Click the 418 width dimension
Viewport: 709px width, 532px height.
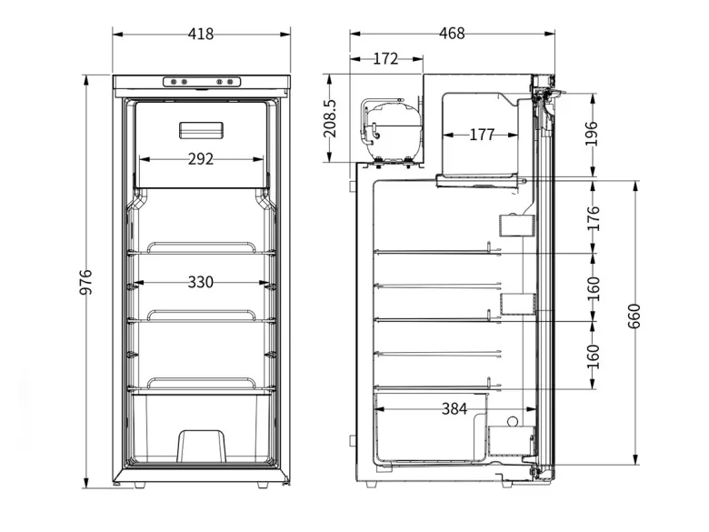pyautogui.click(x=201, y=34)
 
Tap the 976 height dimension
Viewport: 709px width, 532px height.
pyautogui.click(x=85, y=282)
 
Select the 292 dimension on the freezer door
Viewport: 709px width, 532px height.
pyautogui.click(x=201, y=159)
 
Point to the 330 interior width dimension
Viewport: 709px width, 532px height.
pyautogui.click(x=201, y=282)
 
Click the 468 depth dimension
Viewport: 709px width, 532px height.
pyautogui.click(x=452, y=33)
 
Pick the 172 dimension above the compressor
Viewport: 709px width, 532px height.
pyautogui.click(x=385, y=59)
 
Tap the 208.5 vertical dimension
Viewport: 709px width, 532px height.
pyautogui.click(x=330, y=118)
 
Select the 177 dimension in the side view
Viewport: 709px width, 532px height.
pyautogui.click(x=482, y=135)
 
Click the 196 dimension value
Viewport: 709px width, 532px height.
pyautogui.click(x=592, y=134)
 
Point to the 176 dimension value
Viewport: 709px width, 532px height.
pyautogui.click(x=593, y=218)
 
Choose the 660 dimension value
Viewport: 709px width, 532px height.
pyautogui.click(x=634, y=316)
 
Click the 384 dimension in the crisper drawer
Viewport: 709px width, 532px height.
pyautogui.click(x=454, y=409)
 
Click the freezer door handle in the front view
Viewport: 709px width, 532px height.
pyautogui.click(x=201, y=130)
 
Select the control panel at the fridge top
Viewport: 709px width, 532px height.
pyautogui.click(x=202, y=82)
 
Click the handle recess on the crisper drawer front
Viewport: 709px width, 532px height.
pyautogui.click(x=202, y=446)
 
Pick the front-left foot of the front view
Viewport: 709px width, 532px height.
pyautogui.click(x=140, y=485)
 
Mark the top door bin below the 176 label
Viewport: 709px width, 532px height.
pyautogui.click(x=517, y=226)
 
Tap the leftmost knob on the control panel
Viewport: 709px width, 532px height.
pyautogui.click(x=174, y=82)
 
